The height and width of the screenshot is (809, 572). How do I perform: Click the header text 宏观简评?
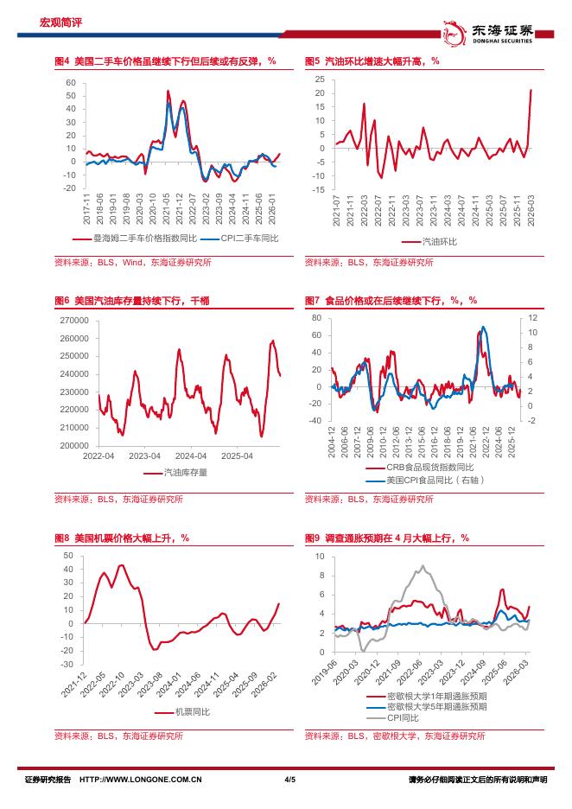point(57,22)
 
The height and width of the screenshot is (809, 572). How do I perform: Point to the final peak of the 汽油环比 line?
point(531,90)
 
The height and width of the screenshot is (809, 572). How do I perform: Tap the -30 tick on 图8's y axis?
point(68,665)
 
